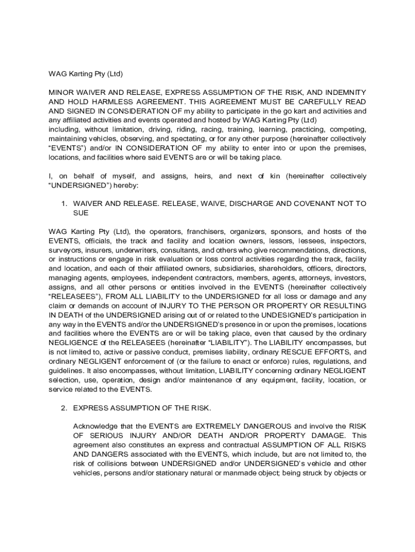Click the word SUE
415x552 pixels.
[80, 213]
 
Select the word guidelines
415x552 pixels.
[67, 370]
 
